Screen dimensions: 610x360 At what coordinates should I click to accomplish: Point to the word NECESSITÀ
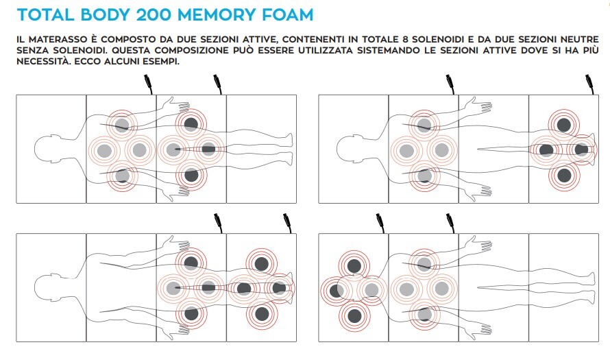42,61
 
